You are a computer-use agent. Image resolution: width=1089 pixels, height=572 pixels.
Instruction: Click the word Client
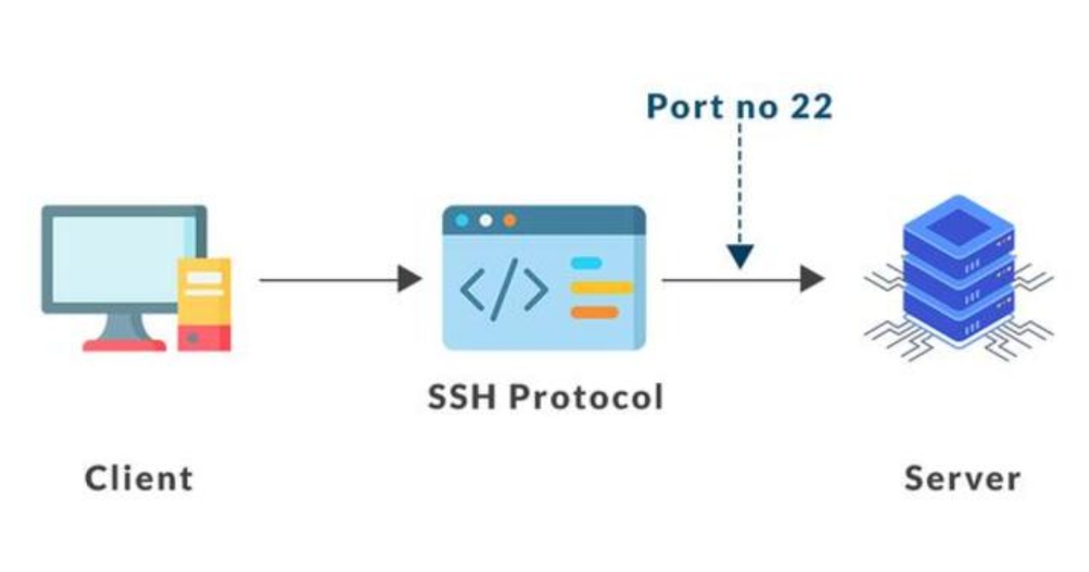(139, 478)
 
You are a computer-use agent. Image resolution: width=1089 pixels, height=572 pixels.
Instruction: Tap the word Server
(962, 478)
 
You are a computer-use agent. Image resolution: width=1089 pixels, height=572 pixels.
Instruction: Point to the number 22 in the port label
(809, 106)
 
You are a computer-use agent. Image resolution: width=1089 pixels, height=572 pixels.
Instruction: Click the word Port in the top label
(681, 106)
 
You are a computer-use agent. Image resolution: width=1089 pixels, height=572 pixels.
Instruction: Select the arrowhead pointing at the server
(812, 280)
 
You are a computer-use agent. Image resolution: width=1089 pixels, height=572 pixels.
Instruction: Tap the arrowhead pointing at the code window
(410, 280)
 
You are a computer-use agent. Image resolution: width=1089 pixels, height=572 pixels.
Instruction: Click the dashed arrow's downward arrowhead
(741, 258)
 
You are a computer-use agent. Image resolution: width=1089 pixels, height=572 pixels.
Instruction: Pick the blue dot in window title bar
(463, 221)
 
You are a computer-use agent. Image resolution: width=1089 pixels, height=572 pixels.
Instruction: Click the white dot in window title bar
(486, 221)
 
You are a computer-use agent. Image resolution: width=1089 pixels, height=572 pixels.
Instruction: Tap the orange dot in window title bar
(510, 221)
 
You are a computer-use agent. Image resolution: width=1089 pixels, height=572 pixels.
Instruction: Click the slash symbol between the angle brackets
(504, 289)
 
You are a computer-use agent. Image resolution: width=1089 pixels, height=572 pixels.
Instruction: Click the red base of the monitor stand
(124, 345)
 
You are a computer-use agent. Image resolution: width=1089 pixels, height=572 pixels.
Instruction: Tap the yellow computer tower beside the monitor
(204, 304)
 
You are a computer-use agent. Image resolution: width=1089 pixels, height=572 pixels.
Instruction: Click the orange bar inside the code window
(594, 312)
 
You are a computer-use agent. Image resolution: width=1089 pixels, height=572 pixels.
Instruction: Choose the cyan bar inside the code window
(586, 263)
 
